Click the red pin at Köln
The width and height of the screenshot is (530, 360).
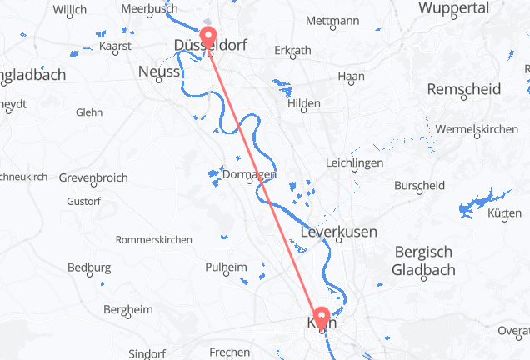coord(321,317)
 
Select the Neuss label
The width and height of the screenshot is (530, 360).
coord(158,72)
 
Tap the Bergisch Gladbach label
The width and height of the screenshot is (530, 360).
coord(423,260)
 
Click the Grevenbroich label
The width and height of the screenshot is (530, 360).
coord(92,178)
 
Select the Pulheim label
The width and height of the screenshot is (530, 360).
coord(226,267)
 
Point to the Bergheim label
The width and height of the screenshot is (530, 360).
coord(127,309)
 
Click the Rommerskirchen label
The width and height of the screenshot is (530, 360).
coord(154,239)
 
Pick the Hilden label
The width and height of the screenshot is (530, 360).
coord(303,103)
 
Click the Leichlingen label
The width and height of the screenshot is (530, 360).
coord(355,163)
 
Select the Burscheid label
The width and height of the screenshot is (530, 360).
coord(414,185)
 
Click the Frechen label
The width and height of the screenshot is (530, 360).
coord(230,352)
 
